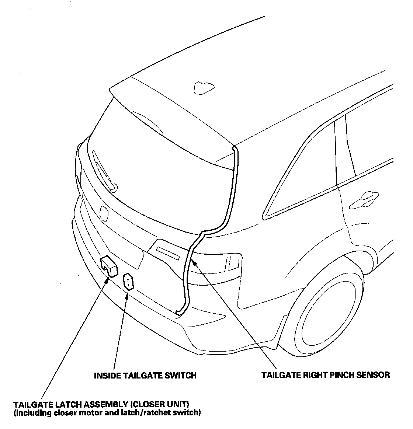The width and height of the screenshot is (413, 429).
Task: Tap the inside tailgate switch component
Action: (128, 282)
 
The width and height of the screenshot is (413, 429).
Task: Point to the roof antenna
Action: (203, 88)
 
